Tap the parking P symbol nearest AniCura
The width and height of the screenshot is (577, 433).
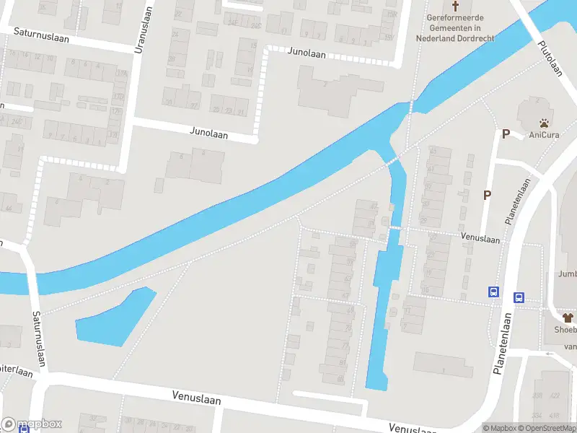[506, 134]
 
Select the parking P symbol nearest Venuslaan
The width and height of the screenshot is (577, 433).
[488, 195]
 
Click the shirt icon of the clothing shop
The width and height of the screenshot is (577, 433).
[568, 318]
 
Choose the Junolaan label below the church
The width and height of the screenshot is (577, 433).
[307, 53]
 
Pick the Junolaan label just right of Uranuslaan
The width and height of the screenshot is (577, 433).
[208, 132]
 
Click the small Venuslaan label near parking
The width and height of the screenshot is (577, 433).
[481, 238]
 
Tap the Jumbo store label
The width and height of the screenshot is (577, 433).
[568, 274]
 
